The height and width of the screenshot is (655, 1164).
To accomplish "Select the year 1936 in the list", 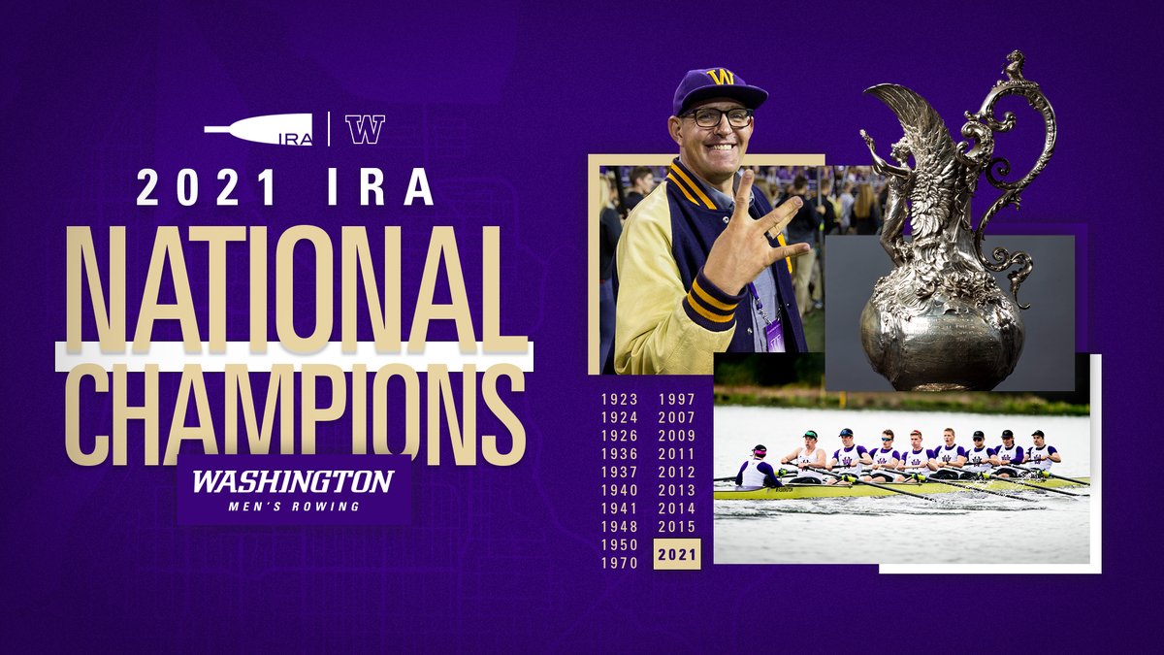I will [619, 454].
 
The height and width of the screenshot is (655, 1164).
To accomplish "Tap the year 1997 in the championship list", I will [677, 400].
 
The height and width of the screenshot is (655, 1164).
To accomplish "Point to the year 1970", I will [619, 563].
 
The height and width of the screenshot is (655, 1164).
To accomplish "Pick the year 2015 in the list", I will [677, 527].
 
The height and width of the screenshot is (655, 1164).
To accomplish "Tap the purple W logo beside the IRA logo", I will [365, 129].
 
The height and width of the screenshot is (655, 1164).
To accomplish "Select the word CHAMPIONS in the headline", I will [296, 409].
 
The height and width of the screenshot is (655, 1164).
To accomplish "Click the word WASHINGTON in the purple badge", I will [292, 482].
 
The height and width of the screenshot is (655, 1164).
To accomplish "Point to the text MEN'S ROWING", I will [291, 506].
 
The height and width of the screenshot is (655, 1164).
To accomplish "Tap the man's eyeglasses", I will [717, 117].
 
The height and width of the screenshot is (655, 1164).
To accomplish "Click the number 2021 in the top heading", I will [206, 187].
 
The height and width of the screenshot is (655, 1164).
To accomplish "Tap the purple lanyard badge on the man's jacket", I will [774, 333].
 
